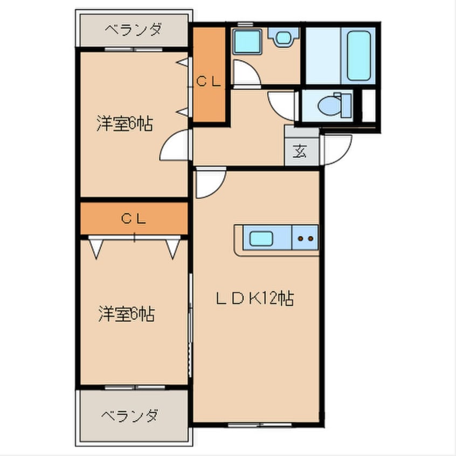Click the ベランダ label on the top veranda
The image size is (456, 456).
coord(133,30)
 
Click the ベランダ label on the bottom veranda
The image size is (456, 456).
coord(130,416)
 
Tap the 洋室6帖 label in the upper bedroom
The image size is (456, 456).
coord(125,125)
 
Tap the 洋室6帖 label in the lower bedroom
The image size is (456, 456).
coord(126,314)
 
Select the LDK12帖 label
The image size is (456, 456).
coord(255,298)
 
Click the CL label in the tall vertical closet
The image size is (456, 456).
coord(209,82)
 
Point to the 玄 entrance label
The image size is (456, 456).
coord(299,151)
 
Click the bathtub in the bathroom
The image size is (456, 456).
coord(358,55)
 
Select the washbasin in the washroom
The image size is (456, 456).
coord(282,37)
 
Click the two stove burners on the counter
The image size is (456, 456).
coord(306,238)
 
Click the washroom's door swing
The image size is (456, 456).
coord(245,73)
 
